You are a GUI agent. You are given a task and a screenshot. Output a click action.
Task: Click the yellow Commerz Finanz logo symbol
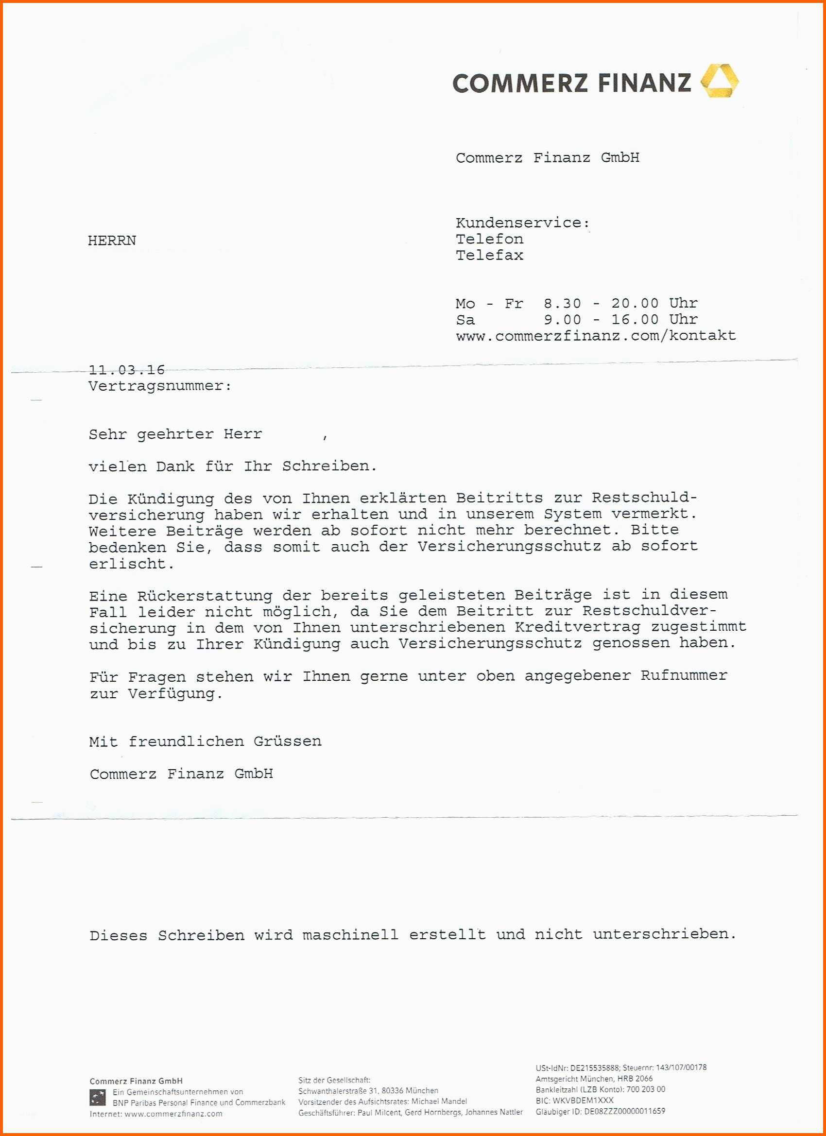point(719,81)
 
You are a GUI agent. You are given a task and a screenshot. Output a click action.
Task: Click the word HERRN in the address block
point(112,241)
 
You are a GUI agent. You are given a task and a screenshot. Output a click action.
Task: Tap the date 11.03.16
point(127,370)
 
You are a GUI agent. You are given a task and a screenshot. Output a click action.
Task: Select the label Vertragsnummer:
point(160,386)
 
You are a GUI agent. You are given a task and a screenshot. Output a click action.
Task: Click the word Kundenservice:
point(522,223)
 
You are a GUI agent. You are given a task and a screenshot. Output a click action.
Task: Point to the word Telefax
point(489,256)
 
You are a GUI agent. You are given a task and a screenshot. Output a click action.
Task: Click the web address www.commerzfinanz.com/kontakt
point(596,336)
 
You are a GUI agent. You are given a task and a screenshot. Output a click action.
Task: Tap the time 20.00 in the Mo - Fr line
point(635,304)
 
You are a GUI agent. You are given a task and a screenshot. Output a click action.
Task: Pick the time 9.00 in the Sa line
point(563,320)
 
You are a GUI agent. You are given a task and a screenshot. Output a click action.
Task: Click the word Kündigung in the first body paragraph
point(171,499)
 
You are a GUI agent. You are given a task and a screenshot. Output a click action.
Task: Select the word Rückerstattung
point(205,596)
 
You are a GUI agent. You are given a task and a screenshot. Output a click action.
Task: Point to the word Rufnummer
point(684,676)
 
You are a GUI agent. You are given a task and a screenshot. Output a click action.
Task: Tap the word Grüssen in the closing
point(288,741)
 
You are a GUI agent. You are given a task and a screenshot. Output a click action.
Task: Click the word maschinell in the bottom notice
point(350,935)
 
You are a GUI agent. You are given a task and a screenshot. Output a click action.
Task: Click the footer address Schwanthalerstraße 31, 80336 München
point(368,1091)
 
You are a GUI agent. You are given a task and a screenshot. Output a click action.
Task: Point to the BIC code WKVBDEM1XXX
point(583,1101)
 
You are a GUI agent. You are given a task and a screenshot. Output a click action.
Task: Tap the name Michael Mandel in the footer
point(439,1102)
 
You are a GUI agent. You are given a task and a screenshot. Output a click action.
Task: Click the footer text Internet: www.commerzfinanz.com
point(156,1114)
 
